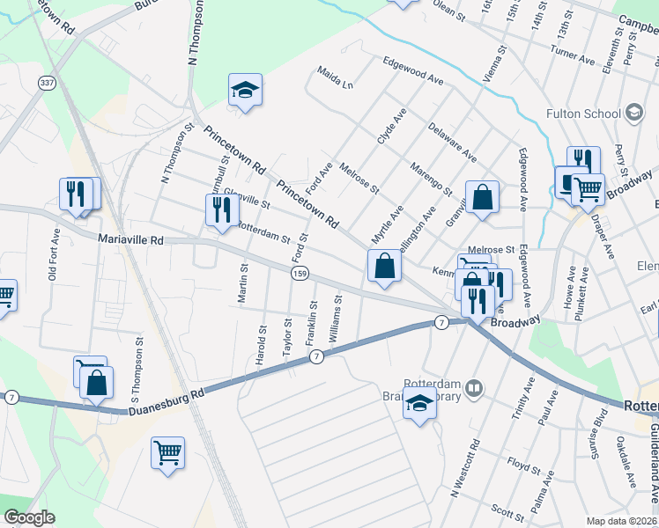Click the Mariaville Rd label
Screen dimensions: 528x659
tap(131, 239)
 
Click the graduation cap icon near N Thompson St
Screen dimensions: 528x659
tap(246, 90)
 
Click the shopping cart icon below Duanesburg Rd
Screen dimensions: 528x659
tap(167, 453)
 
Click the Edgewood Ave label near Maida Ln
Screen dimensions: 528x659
tap(412, 70)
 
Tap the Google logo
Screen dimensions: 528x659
tap(29, 517)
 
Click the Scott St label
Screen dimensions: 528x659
tap(508, 510)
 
